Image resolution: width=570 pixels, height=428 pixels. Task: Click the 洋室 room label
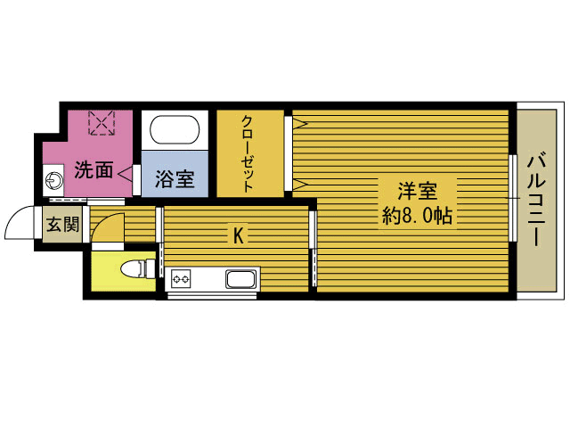click(417, 191)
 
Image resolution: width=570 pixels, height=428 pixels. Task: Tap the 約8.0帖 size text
click(417, 216)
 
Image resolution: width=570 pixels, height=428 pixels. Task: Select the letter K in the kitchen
click(238, 235)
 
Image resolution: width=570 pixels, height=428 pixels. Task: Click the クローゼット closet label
click(248, 153)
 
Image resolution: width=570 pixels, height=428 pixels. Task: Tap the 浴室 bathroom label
click(175, 179)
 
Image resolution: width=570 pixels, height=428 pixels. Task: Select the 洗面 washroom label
click(94, 169)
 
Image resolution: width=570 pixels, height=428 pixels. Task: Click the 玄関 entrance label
click(62, 224)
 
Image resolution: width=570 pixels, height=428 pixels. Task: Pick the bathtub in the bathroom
click(175, 130)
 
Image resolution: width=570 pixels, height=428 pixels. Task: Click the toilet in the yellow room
click(137, 269)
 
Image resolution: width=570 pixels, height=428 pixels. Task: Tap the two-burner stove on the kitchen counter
click(181, 279)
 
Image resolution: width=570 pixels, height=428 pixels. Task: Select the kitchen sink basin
click(240, 279)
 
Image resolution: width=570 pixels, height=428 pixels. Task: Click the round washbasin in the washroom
click(54, 180)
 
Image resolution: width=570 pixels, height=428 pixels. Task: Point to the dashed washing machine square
click(102, 123)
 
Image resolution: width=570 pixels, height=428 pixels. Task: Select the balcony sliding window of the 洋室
click(513, 198)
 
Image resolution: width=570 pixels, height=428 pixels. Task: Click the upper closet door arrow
click(300, 124)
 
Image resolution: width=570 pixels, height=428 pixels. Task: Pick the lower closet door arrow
click(300, 185)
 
